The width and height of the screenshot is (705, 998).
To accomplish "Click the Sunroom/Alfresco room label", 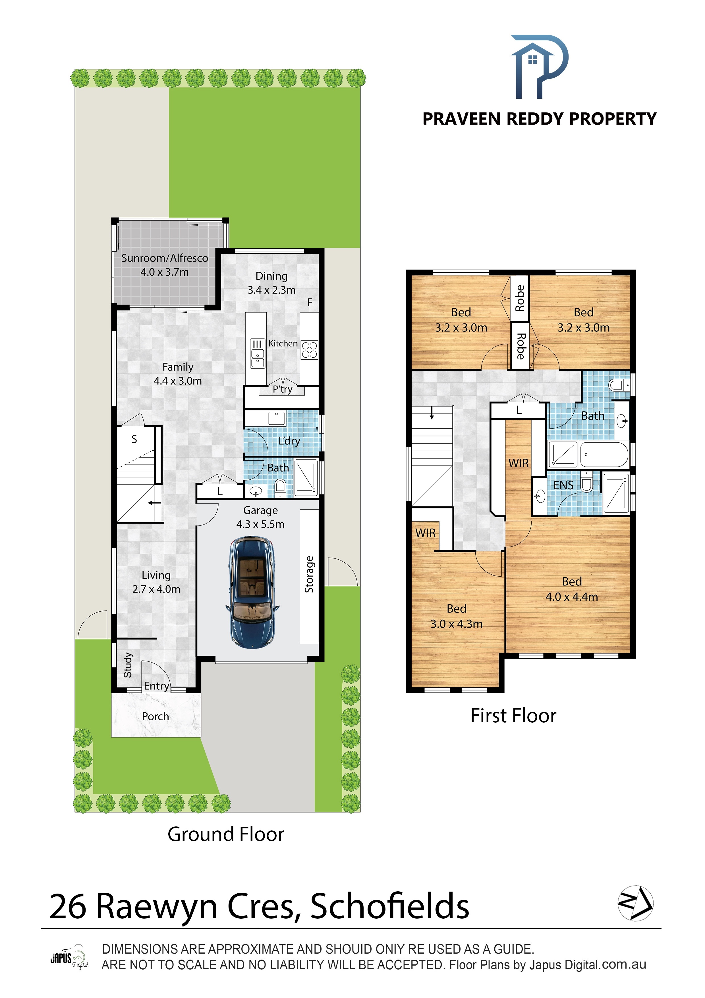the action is click(x=165, y=258).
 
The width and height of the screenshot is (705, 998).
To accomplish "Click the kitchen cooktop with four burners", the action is click(x=309, y=350).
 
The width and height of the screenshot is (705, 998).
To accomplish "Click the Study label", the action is click(x=128, y=665).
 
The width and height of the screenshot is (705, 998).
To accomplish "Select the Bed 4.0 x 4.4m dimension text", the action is click(x=572, y=597).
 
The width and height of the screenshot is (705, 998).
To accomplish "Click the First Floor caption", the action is click(x=513, y=716).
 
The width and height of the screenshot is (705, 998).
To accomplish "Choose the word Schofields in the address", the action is click(x=390, y=906).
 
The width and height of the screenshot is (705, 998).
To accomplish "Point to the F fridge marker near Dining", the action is click(x=310, y=302).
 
